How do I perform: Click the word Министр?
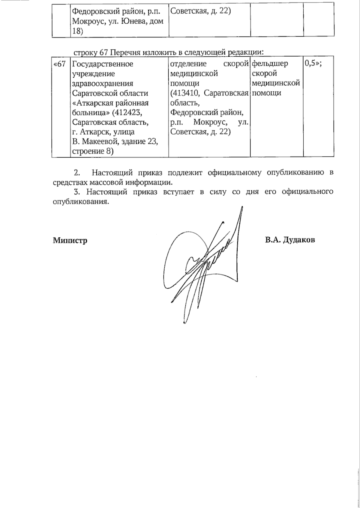click(x=70, y=240)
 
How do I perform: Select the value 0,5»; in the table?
click(x=313, y=64)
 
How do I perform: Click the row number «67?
click(x=59, y=64)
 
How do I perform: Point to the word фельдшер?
click(x=270, y=64)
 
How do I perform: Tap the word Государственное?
click(x=103, y=64)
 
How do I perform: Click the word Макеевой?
click(x=111, y=142)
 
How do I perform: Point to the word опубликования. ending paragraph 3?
click(x=80, y=202)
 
